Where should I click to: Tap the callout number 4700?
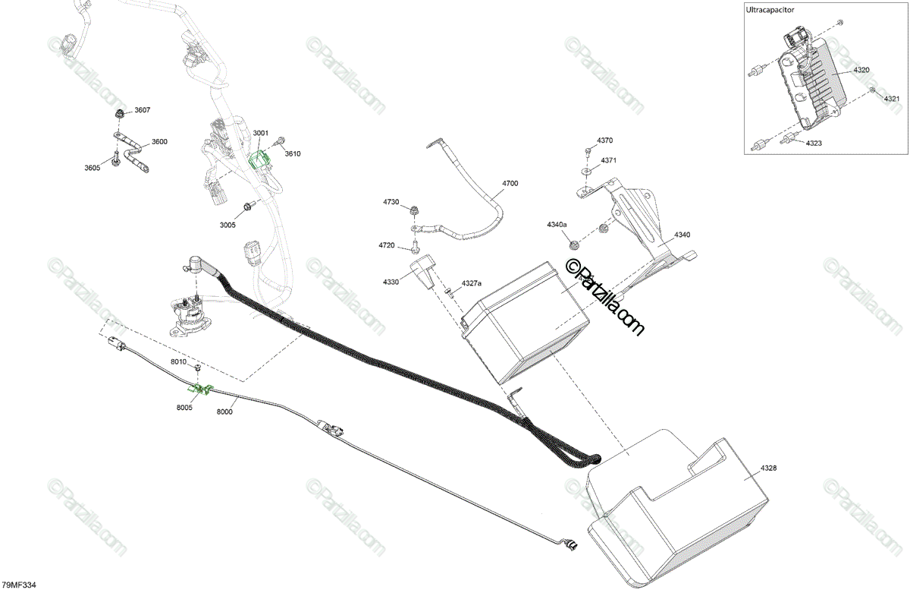coord(510,184)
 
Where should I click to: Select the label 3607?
coord(143,110)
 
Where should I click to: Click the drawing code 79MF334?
coord(20,584)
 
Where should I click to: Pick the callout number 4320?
coord(861,70)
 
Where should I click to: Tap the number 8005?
coord(185,408)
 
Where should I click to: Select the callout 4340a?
coord(557,225)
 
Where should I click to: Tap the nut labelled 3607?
coord(119,114)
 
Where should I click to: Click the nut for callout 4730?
coord(416,209)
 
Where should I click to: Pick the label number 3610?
coord(293,154)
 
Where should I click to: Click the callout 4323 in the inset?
coord(814,144)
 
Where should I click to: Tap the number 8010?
coord(178,362)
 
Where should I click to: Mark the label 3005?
coord(227,225)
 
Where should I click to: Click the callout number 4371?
coord(609,161)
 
